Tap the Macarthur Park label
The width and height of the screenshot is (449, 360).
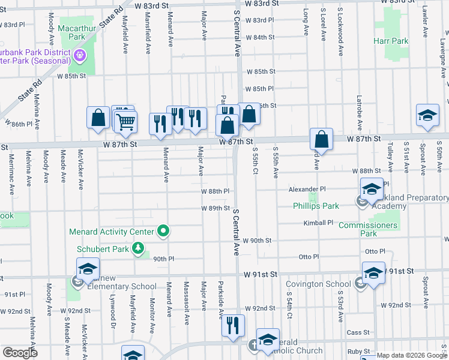coord(73,32)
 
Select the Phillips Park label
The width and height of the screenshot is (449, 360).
coord(316,206)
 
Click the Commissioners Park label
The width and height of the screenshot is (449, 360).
coord(368,229)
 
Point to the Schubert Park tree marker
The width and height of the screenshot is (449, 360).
coord(139,248)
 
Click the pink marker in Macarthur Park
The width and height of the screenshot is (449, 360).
coord(80,56)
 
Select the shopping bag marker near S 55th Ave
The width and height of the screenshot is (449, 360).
coord(322,139)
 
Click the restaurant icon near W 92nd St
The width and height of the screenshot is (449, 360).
coord(233,326)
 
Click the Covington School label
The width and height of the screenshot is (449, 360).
coord(318,284)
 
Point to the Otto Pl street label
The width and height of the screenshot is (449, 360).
coord(310,256)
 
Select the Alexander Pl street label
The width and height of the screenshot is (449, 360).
coord(306,188)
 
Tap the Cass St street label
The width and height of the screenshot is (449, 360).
coord(357,332)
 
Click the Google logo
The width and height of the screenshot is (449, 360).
coord(20,353)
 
